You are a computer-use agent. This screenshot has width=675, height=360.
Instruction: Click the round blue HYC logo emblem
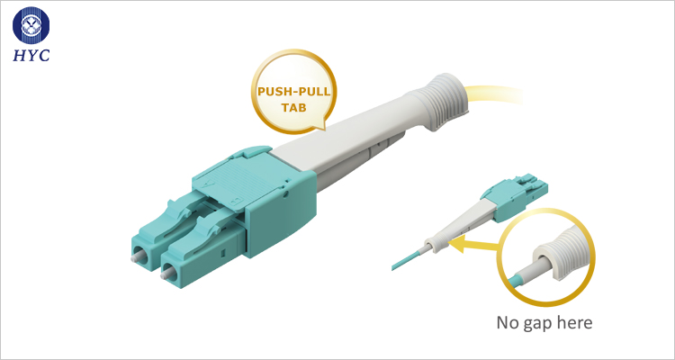(x=31, y=25)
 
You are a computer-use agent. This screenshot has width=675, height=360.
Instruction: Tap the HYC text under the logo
(x=31, y=55)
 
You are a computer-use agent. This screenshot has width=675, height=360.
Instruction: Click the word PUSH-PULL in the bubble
(x=294, y=92)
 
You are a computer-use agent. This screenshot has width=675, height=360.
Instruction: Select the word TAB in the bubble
(x=294, y=108)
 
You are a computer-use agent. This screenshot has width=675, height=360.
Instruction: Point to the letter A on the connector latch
(x=211, y=183)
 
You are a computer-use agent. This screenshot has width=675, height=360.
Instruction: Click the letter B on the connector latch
(x=235, y=200)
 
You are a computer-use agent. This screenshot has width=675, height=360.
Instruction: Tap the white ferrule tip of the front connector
(x=164, y=273)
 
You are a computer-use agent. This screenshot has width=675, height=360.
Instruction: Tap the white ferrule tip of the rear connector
(x=135, y=257)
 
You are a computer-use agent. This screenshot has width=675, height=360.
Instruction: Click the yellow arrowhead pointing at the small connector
(x=457, y=246)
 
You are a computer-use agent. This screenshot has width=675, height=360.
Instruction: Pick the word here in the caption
(x=576, y=322)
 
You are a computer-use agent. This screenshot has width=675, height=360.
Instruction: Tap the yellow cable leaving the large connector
(x=495, y=94)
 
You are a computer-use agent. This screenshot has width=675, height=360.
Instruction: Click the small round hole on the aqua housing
(x=286, y=194)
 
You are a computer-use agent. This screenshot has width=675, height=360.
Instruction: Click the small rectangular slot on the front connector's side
(x=221, y=250)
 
